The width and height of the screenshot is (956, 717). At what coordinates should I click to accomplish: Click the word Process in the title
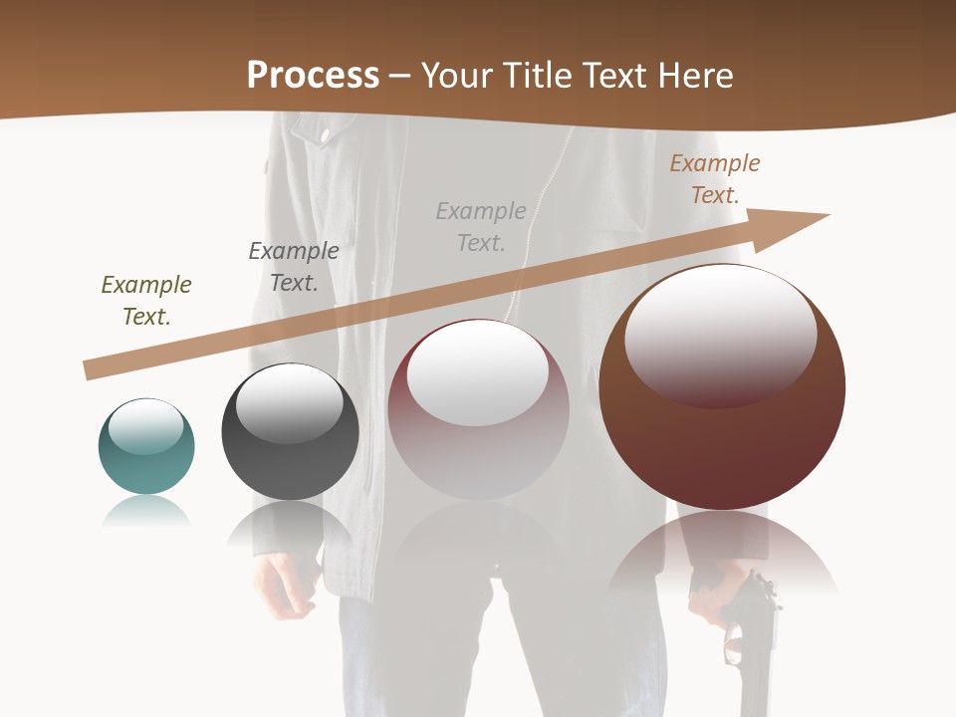pyautogui.click(x=313, y=76)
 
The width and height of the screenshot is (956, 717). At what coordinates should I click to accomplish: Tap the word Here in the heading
pyautogui.click(x=695, y=76)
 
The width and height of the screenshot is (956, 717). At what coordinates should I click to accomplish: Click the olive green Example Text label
pyautogui.click(x=146, y=301)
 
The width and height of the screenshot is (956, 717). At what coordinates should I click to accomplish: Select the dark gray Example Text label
pyautogui.click(x=294, y=267)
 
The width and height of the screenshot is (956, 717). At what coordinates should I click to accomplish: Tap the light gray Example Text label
pyautogui.click(x=481, y=227)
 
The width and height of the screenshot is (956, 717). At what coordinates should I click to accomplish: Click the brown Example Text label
pyautogui.click(x=715, y=179)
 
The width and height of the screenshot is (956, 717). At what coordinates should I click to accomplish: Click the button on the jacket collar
pyautogui.click(x=325, y=134)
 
